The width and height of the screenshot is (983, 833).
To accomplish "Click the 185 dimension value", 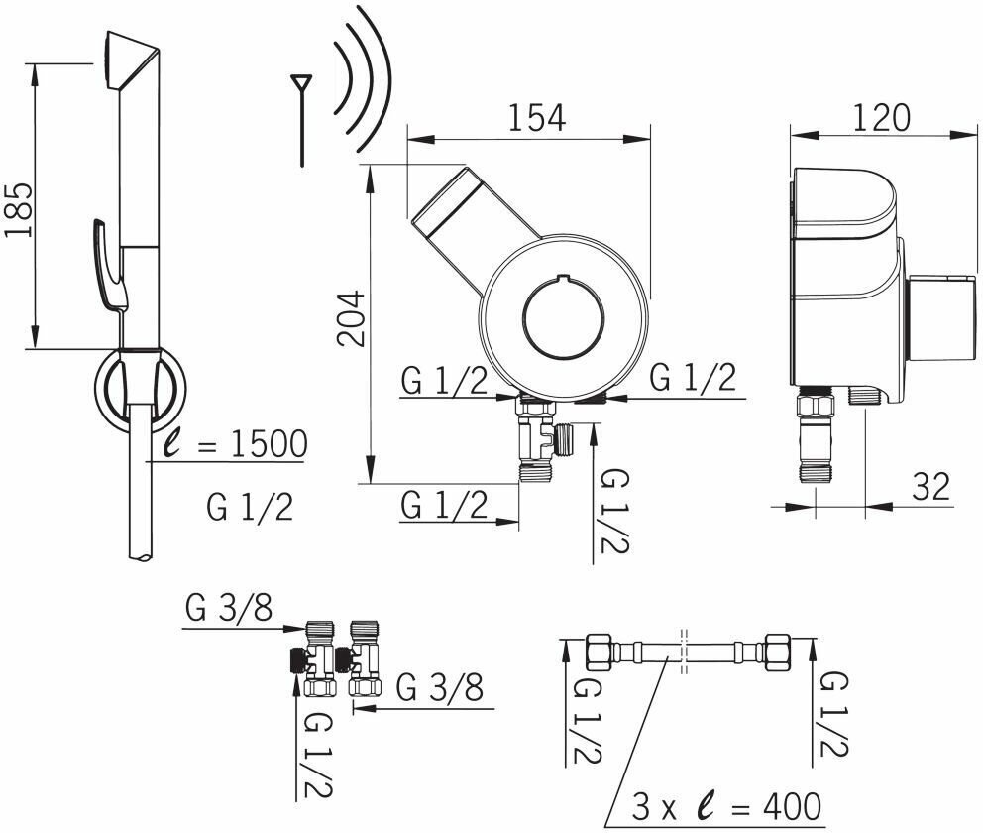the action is pyautogui.click(x=21, y=209).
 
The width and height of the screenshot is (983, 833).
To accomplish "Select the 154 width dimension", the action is pyautogui.click(x=537, y=117).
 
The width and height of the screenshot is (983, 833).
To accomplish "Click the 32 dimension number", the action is pyautogui.click(x=929, y=486).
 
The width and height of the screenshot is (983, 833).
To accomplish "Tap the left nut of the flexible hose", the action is pyautogui.click(x=601, y=653).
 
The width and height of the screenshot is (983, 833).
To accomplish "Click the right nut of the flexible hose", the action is pyautogui.click(x=775, y=653).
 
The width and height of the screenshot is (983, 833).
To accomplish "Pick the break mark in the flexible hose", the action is pyautogui.click(x=683, y=652).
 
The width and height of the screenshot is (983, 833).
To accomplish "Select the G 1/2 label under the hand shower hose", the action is pyautogui.click(x=250, y=507).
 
